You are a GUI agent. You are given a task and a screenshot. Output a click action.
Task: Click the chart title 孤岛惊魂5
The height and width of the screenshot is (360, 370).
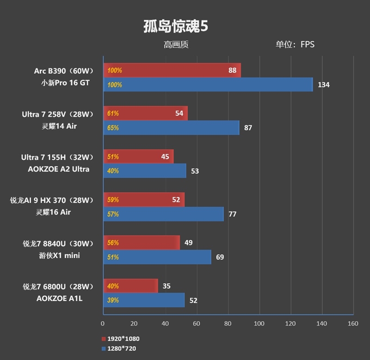[175, 26]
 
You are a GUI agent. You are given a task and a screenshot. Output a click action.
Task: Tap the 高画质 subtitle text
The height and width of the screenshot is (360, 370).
[176, 45]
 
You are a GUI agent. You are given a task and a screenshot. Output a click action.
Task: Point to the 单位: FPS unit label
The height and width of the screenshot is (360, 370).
[295, 45]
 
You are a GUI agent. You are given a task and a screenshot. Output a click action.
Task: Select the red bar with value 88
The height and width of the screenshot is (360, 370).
[172, 71]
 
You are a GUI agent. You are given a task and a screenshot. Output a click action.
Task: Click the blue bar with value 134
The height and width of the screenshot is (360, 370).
[208, 85]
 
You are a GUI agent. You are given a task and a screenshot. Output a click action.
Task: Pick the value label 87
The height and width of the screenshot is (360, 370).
[248, 128]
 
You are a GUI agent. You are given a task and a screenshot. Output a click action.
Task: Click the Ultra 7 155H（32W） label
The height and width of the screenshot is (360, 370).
[58, 157]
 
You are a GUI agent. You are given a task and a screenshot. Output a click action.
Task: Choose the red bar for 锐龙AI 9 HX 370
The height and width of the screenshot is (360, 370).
[143, 200]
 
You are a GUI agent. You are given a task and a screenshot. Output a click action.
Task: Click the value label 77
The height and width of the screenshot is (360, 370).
[232, 214]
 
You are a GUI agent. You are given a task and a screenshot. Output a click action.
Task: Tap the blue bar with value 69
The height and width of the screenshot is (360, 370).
[157, 257]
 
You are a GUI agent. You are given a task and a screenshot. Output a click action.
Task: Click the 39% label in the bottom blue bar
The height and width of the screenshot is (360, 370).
[113, 300]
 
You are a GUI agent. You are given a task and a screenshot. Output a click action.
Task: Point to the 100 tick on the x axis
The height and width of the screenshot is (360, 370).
[259, 323]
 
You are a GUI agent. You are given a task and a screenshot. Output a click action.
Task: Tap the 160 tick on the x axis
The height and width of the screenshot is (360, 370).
[353, 323]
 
